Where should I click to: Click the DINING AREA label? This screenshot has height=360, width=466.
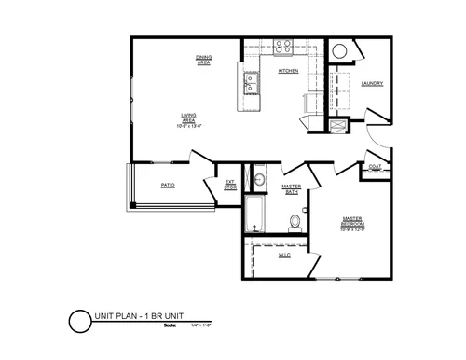203,60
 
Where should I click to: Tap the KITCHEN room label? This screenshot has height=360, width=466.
287,72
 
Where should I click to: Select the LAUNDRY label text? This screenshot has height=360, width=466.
373,84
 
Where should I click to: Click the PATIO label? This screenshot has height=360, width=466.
168,186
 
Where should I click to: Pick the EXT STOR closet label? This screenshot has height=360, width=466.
230,184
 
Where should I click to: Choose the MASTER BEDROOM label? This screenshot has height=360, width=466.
352,224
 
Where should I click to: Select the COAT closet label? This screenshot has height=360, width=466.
375,168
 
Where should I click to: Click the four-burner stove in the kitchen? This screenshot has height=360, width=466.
283,48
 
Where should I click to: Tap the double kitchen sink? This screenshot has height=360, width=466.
252,86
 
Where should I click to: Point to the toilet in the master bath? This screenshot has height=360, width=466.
295,221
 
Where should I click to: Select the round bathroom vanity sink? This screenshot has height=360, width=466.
260,179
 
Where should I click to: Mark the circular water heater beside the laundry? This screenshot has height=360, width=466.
341,51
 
